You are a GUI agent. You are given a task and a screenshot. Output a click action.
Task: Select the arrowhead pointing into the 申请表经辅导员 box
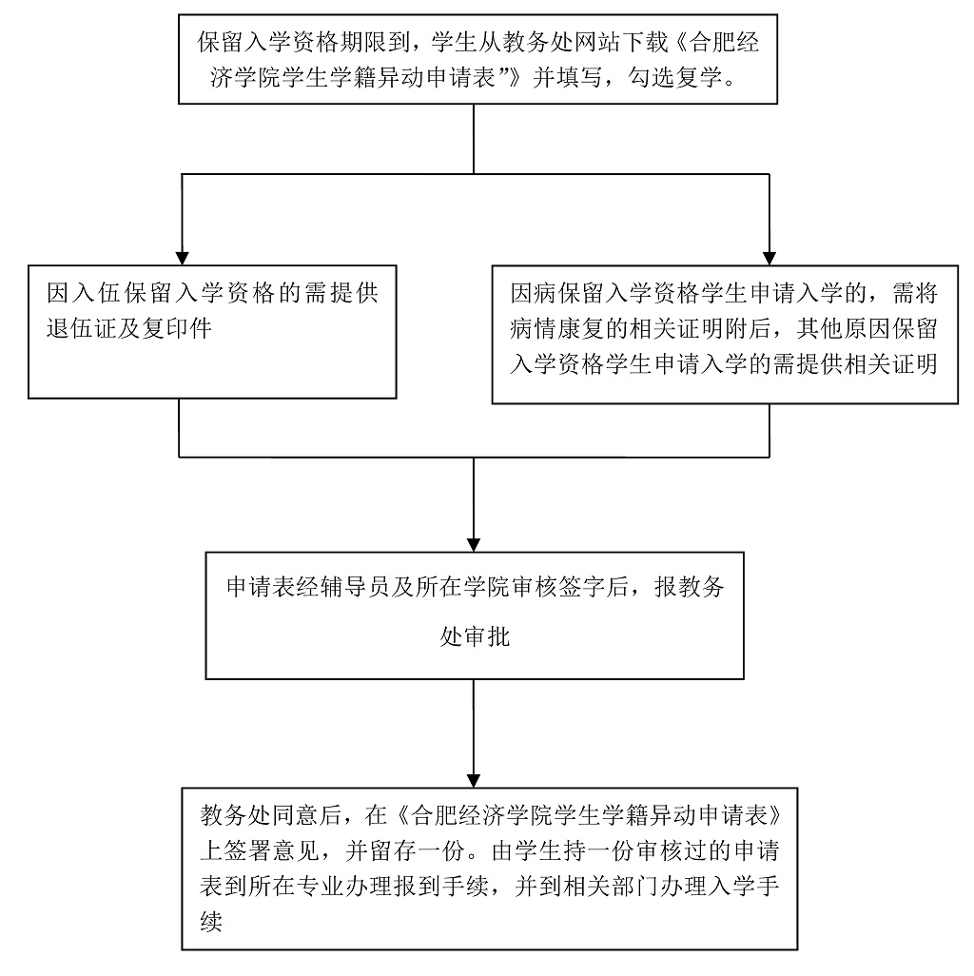point(474,539)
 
